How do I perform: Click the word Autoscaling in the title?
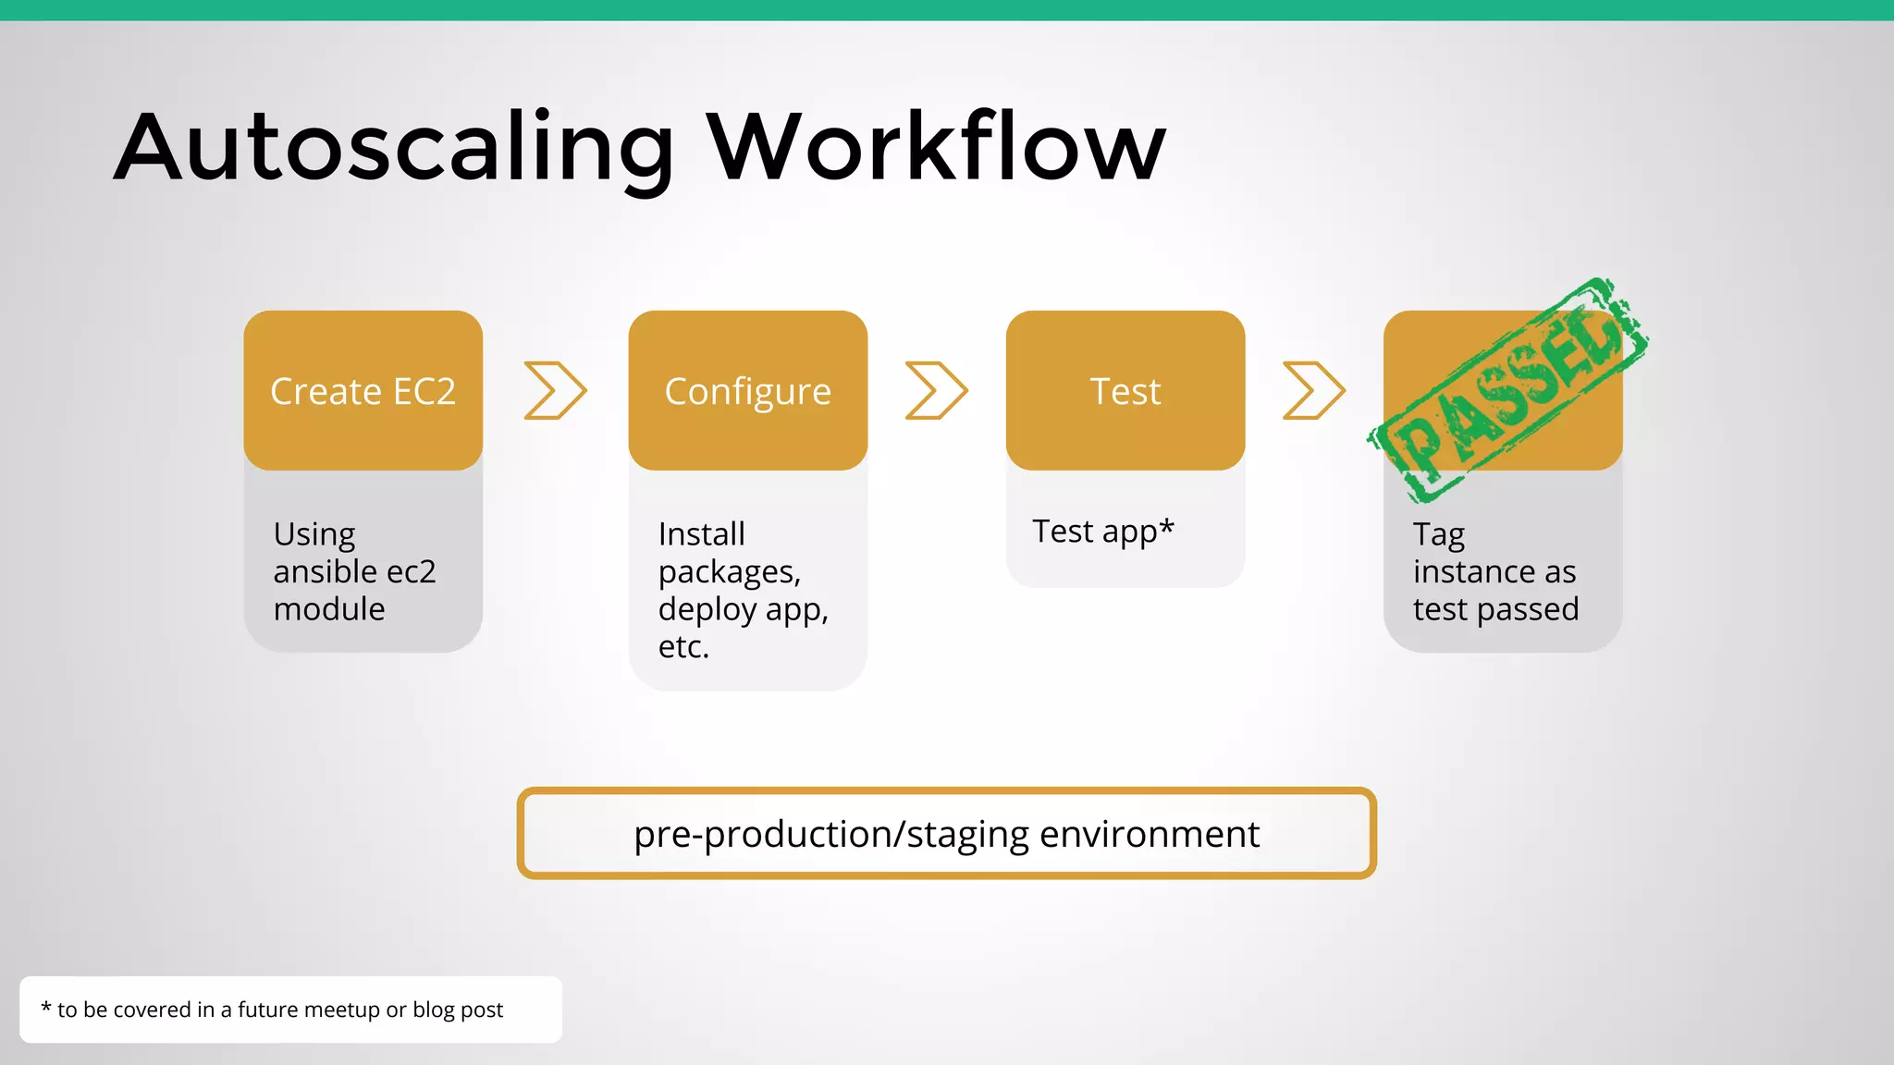393,148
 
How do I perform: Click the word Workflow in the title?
936,148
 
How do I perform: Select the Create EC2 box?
363,391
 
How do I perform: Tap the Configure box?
747,391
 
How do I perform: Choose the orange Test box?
1125,391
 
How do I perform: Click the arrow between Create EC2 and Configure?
555,390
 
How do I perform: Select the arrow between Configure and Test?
936,390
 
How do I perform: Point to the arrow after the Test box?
1313,390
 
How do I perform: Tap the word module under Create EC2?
329,609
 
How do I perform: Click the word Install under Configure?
701,534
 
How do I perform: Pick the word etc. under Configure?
683,647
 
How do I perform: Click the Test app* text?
1102,532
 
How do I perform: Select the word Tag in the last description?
1438,535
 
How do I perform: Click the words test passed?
1495,609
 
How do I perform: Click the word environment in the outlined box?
1149,834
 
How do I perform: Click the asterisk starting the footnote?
45,1008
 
